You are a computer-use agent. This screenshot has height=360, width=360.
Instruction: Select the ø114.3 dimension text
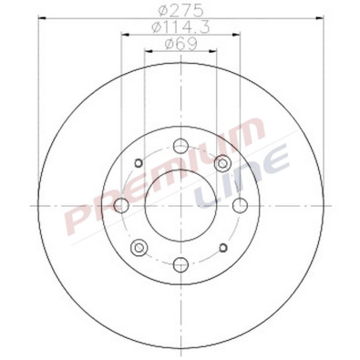click(180, 30)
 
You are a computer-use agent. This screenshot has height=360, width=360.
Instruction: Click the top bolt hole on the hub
click(180, 144)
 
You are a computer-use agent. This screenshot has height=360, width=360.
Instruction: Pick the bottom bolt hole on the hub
click(180, 265)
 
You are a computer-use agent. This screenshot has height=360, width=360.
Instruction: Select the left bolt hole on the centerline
click(120, 205)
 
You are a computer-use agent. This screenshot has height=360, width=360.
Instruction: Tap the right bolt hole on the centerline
click(241, 205)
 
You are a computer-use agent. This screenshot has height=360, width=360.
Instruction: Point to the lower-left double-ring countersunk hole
click(139, 248)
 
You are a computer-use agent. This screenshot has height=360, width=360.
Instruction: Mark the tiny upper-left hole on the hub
click(138, 162)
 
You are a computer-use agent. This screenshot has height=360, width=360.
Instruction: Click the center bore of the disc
click(180, 205)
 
